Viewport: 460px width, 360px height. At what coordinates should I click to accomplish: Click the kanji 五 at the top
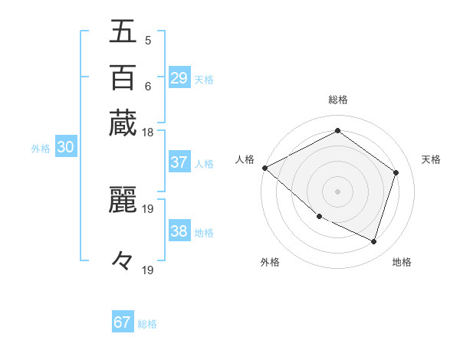pyautogui.click(x=123, y=33)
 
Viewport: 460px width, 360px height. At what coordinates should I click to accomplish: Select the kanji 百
pyautogui.click(x=123, y=77)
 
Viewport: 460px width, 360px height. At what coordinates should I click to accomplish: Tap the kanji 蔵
pyautogui.click(x=123, y=123)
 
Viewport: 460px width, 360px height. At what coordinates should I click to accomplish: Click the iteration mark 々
pyautogui.click(x=123, y=261)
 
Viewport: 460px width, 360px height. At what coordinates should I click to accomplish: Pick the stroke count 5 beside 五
pyautogui.click(x=147, y=40)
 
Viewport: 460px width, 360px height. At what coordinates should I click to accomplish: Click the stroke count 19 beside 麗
pyautogui.click(x=148, y=208)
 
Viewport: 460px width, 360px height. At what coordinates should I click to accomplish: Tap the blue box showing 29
pyautogui.click(x=179, y=78)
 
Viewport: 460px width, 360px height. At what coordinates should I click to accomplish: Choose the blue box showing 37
pyautogui.click(x=179, y=162)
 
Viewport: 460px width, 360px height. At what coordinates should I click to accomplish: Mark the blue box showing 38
pyautogui.click(x=179, y=231)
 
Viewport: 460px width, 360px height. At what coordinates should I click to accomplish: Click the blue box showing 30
pyautogui.click(x=65, y=148)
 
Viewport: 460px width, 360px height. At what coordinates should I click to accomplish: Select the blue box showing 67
pyautogui.click(x=123, y=322)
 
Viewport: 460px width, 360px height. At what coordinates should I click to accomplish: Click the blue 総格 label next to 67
pyautogui.click(x=147, y=324)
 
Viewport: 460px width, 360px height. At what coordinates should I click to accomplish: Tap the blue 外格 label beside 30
pyautogui.click(x=41, y=149)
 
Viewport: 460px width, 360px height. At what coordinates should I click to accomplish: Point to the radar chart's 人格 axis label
pyautogui.click(x=245, y=159)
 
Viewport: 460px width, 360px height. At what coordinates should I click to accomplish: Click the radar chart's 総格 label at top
pyautogui.click(x=338, y=100)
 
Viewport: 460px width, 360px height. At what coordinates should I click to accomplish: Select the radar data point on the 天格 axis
pyautogui.click(x=396, y=172)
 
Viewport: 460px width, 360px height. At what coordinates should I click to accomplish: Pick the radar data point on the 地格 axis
pyautogui.click(x=373, y=241)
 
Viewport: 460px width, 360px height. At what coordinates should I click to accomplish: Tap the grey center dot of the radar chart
pyautogui.click(x=337, y=191)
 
